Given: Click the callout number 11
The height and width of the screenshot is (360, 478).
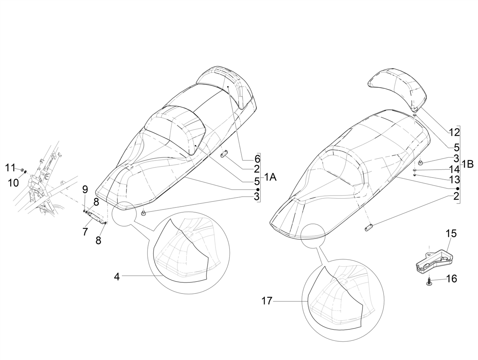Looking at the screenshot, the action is tap(11, 168).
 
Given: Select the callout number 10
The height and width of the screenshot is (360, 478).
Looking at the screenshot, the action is tap(13, 183).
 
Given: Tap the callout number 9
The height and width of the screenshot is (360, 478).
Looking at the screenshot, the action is tap(85, 190).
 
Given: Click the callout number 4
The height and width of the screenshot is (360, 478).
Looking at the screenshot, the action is tap(117, 277).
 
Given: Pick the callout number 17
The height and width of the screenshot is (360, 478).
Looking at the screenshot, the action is tap(267, 301).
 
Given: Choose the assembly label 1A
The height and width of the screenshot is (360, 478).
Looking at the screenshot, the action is tap(270, 178).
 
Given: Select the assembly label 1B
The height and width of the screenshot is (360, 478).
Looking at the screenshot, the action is tap(467, 164).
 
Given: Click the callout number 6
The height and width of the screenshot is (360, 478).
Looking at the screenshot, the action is tap(257, 159).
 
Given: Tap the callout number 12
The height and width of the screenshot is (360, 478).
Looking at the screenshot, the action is tap(454, 132).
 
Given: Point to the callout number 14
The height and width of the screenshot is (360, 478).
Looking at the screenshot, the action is tap(454, 169).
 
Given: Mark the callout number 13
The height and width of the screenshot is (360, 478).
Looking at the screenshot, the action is tap(454, 180).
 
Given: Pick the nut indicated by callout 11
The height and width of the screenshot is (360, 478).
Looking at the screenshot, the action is tap(22, 170).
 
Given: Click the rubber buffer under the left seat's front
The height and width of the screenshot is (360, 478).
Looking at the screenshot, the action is tap(143, 214).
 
